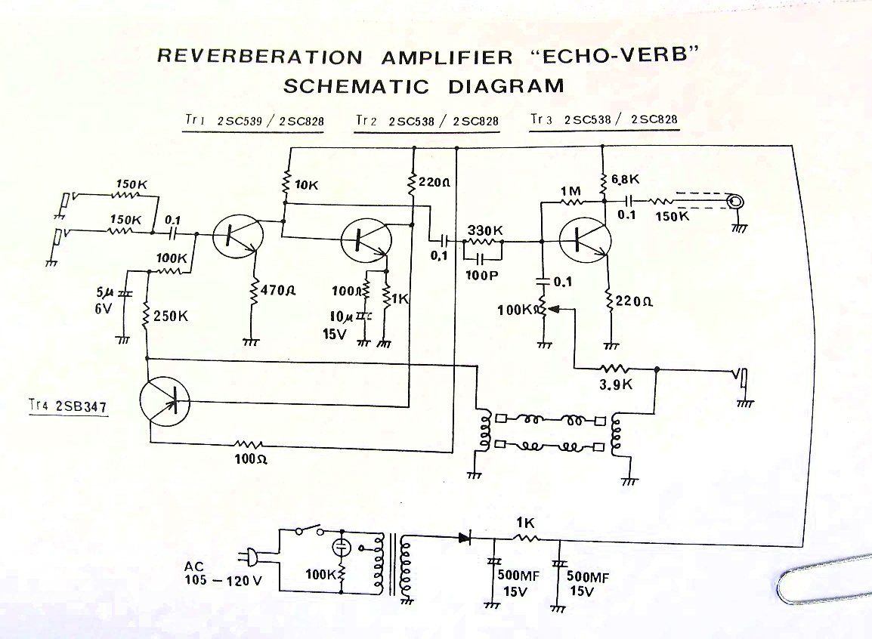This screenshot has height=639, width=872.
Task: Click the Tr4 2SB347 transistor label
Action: pyautogui.click(x=67, y=406)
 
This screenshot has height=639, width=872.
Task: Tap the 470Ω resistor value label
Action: pyautogui.click(x=277, y=289)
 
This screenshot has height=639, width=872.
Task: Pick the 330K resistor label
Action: pyautogui.click(x=485, y=230)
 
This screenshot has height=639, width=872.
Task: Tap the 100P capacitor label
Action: pyautogui.click(x=483, y=275)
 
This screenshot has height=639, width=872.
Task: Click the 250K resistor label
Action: pyautogui.click(x=170, y=316)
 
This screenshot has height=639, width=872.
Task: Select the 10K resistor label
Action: pyautogui.click(x=306, y=184)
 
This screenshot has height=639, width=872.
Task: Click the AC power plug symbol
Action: pyautogui.click(x=249, y=557)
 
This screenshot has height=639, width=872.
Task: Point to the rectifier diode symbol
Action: pyautogui.click(x=464, y=538)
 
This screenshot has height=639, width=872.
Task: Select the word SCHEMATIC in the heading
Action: pyautogui.click(x=356, y=86)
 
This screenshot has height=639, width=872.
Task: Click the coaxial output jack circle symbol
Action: pyautogui.click(x=734, y=202)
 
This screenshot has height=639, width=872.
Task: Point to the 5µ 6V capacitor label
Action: pyautogui.click(x=104, y=301)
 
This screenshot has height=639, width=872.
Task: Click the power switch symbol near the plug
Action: pyautogui.click(x=310, y=529)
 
